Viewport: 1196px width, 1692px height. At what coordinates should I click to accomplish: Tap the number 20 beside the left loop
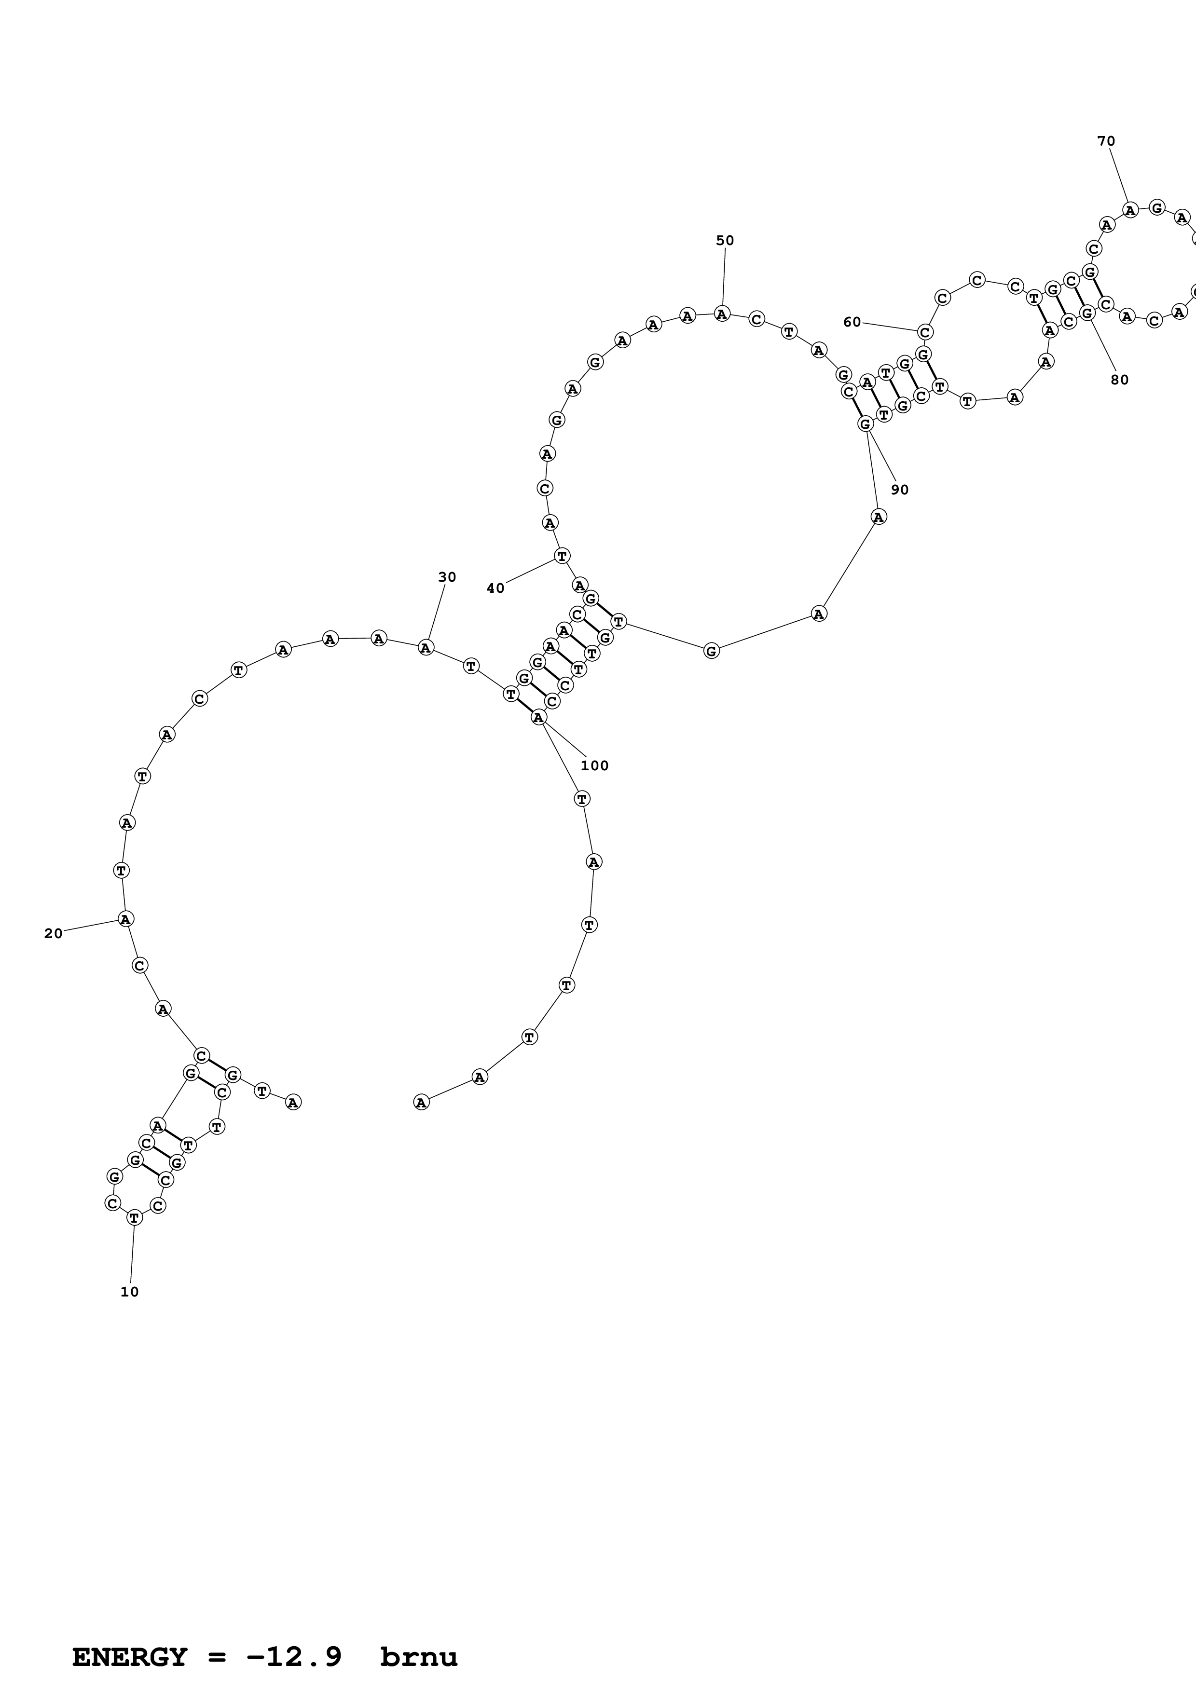click(x=53, y=934)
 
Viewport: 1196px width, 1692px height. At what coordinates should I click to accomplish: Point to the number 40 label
click(x=495, y=588)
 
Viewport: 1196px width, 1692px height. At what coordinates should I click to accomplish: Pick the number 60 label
click(x=852, y=322)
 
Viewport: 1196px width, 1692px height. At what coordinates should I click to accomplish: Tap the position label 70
click(x=1106, y=141)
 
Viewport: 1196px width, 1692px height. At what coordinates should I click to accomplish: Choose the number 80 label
click(x=1119, y=380)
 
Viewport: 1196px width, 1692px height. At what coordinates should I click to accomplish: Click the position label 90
click(x=900, y=490)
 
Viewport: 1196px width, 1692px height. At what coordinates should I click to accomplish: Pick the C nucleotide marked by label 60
click(x=925, y=332)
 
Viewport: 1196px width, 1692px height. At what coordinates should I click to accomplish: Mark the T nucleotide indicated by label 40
click(x=562, y=556)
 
